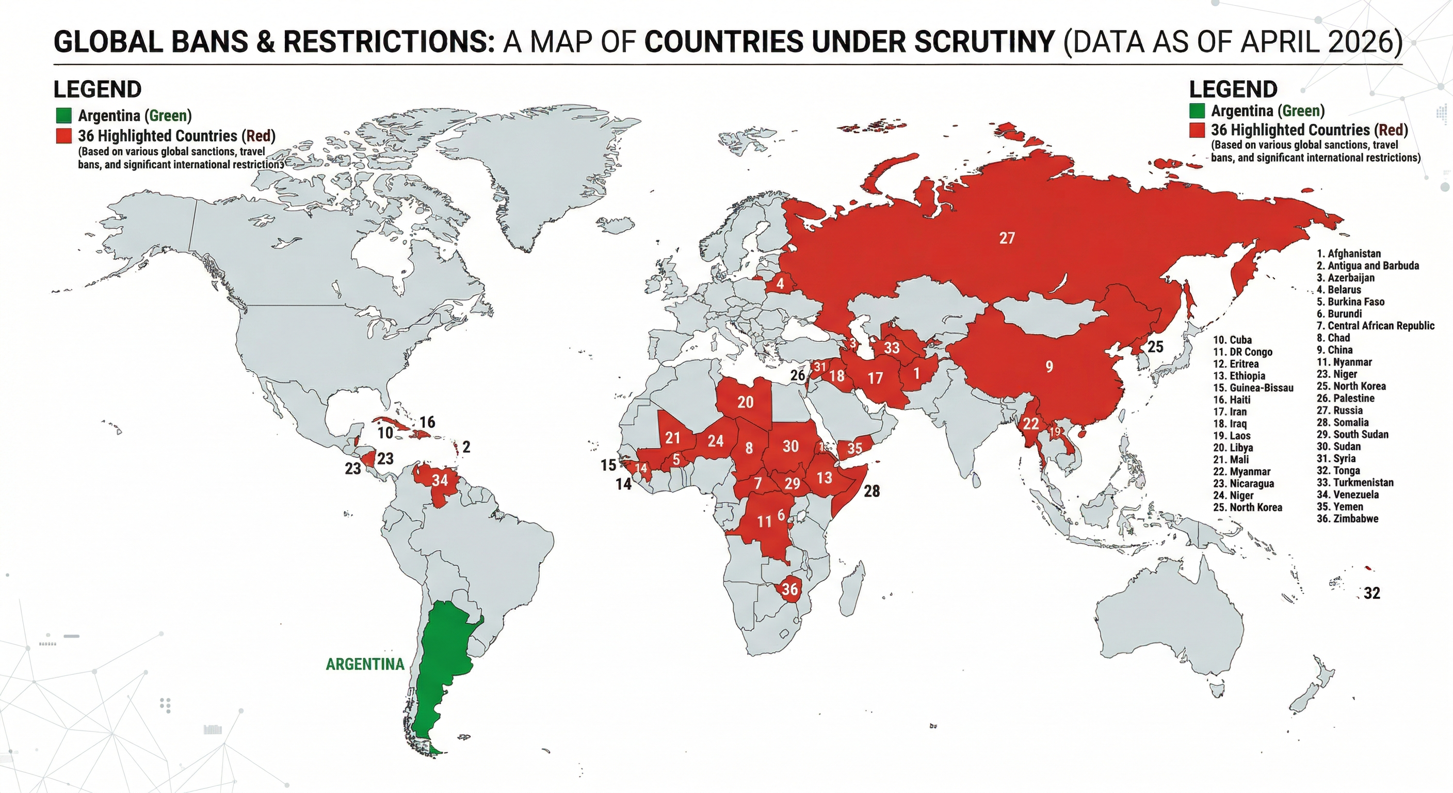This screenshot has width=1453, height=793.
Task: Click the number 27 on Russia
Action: coord(1007,238)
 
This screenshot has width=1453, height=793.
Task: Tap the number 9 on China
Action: coord(1048,367)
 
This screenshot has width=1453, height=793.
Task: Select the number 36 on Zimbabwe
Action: coord(789,589)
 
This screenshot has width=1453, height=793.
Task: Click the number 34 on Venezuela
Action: coord(440,480)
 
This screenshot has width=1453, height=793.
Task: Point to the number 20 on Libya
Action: coord(745,402)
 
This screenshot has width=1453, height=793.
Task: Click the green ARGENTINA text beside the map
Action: coord(365,664)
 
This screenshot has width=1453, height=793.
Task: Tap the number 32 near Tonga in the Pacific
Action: coord(1372,593)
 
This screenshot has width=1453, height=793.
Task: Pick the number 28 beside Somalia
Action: coord(871,491)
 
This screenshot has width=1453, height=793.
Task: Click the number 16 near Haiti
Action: coord(427,422)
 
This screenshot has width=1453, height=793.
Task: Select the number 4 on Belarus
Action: coord(780,283)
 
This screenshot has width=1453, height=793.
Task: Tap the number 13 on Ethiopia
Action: coord(824,478)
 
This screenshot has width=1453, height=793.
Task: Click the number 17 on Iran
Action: coord(875,378)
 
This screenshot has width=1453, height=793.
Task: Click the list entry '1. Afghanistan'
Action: coord(1348,253)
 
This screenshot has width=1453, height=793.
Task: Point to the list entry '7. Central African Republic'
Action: coord(1375,326)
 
